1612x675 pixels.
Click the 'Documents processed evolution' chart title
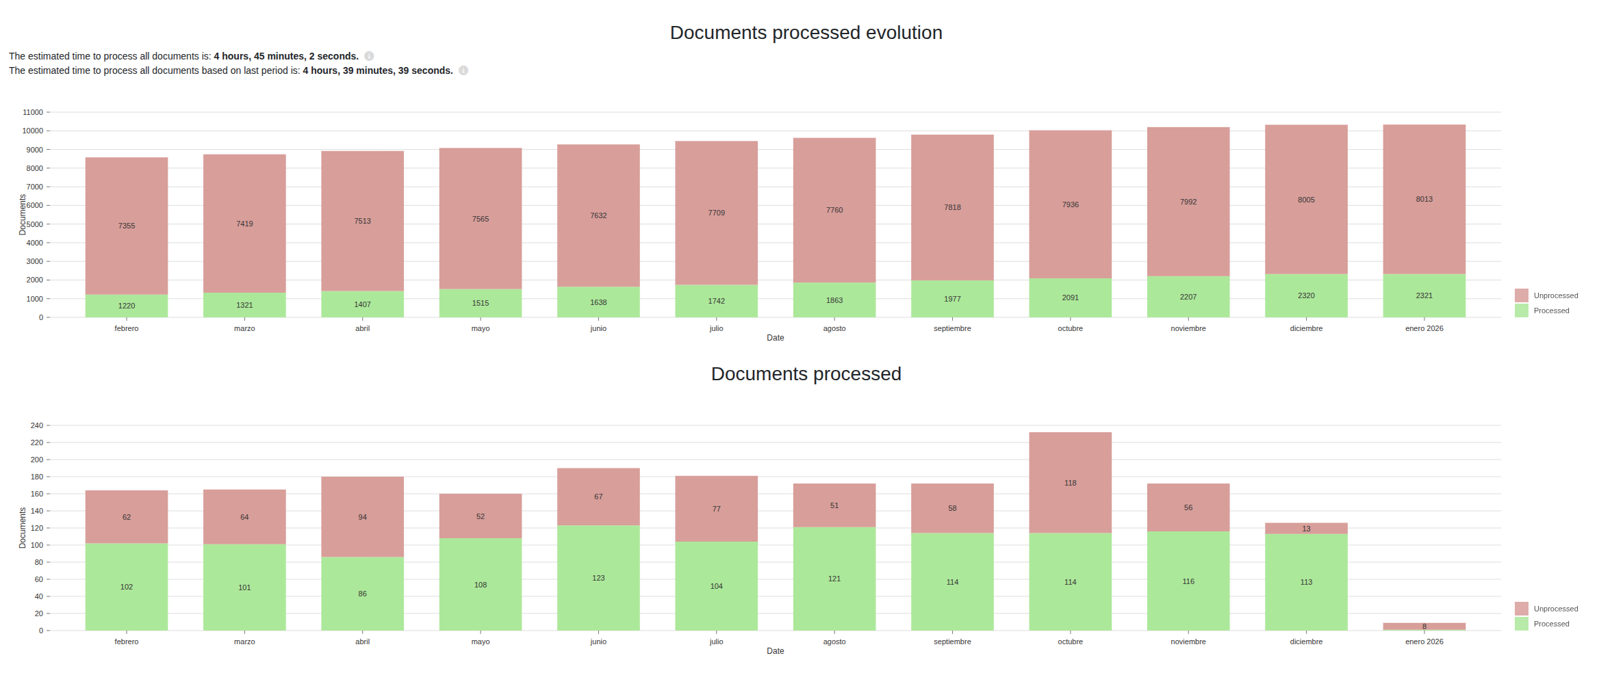coord(806,33)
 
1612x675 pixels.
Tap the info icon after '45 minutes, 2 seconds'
coord(369,56)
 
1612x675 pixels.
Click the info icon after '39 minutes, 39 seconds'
coord(463,70)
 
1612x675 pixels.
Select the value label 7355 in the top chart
coord(127,226)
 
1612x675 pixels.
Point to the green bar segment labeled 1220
coord(127,306)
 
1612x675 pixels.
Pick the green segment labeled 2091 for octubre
coord(1070,297)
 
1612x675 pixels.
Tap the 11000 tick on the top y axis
coord(33,112)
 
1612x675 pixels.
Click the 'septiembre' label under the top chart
coord(952,329)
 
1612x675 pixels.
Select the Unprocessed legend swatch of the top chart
coord(1521,295)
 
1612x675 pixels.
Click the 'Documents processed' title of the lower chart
coord(806,374)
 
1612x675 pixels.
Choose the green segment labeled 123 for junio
coord(598,579)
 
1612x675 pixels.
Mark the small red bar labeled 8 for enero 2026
coord(1424,626)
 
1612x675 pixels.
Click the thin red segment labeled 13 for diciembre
coord(1306,528)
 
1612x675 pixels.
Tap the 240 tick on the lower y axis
coord(36,425)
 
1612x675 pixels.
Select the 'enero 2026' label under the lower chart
coord(1424,642)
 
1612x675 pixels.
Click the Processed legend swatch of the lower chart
coord(1521,624)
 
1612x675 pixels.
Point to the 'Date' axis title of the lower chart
coord(775,651)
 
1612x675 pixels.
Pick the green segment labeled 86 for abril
coord(362,594)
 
